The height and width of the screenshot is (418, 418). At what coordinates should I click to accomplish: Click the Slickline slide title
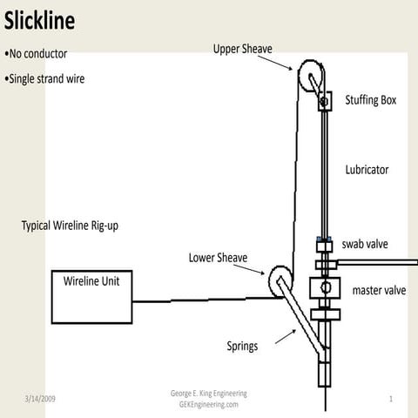[x=39, y=19]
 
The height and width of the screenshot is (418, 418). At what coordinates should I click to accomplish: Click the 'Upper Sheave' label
[x=243, y=49]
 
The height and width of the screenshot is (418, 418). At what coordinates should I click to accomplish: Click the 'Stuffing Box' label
[x=370, y=100]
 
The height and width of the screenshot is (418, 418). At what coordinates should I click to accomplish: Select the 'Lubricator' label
[x=366, y=170]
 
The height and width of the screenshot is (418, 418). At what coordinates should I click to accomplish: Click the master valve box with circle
[x=324, y=288]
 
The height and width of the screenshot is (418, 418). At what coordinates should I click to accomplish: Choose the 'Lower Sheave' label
[x=218, y=258]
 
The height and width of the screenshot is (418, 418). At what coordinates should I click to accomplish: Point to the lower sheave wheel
[x=280, y=280]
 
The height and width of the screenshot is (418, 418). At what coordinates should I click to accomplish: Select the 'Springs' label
[x=242, y=346]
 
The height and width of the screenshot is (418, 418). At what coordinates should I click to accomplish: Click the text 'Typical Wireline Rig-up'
[x=70, y=226]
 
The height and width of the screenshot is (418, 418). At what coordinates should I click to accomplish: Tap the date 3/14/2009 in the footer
[x=40, y=398]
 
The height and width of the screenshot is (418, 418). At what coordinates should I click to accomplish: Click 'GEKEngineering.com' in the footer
[x=208, y=405]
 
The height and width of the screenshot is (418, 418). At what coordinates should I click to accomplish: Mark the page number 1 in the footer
[x=392, y=398]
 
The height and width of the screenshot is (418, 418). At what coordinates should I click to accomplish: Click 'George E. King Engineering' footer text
[x=208, y=394]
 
